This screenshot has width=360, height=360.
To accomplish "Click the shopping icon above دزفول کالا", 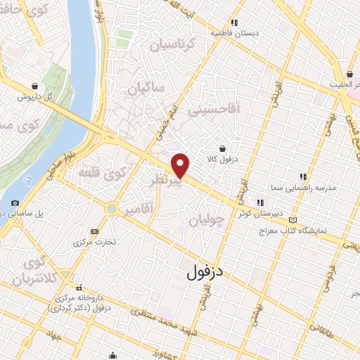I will click(223, 148).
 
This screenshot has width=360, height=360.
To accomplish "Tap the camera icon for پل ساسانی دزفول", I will click(15, 203).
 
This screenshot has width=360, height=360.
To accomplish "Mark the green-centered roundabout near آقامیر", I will click(112, 208).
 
